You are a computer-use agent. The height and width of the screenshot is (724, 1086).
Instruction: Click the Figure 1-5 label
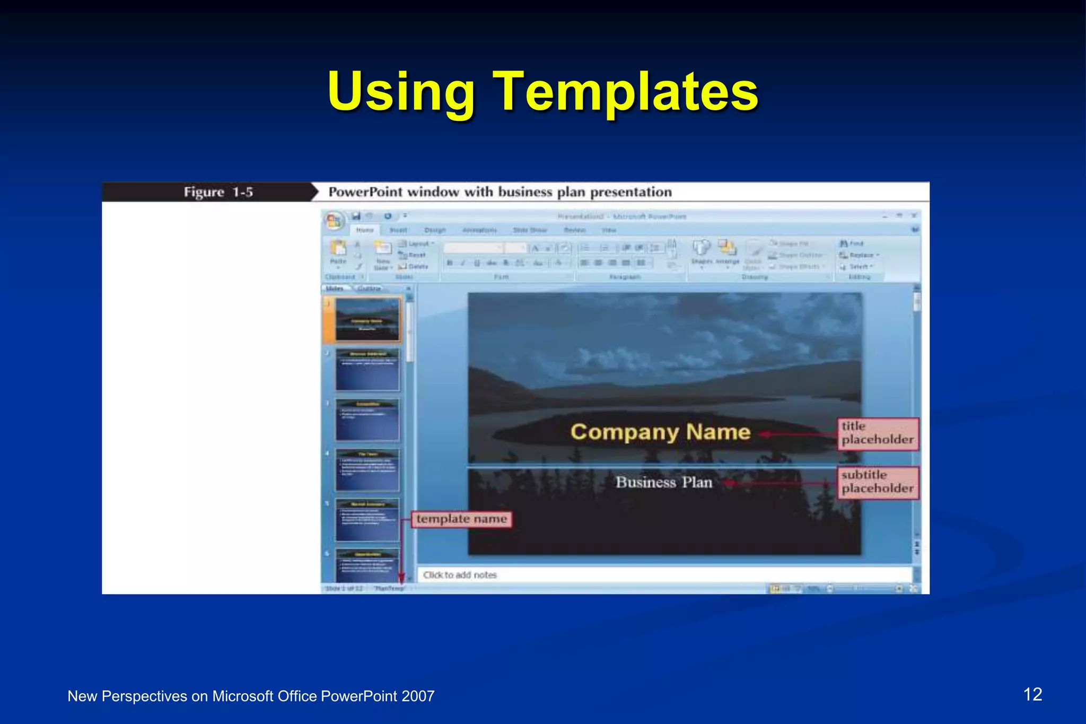point(218,192)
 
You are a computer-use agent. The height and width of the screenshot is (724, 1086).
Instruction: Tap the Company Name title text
point(660,432)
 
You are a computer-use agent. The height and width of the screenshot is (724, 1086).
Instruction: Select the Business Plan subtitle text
point(663,482)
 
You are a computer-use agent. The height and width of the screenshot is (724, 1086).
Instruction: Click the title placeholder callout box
point(878,433)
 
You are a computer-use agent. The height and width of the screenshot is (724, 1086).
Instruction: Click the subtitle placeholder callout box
point(878,482)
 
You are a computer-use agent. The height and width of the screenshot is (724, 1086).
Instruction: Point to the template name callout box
point(461,519)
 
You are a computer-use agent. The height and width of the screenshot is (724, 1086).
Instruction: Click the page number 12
point(1032,694)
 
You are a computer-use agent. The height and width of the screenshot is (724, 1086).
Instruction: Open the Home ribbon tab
point(365,230)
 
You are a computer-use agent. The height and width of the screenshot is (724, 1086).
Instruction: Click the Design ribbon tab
point(435,230)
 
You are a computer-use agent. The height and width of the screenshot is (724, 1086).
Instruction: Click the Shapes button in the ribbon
point(702,251)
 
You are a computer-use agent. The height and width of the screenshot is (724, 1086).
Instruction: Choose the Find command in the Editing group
point(852,243)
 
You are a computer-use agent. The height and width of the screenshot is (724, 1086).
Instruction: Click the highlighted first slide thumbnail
point(367,319)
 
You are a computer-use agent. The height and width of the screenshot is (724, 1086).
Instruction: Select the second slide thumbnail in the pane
point(367,370)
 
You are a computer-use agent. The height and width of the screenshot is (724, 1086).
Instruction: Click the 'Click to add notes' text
point(460,575)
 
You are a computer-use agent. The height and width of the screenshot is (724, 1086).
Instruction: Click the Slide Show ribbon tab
point(530,230)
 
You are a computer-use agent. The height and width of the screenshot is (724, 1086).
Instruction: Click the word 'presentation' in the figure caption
point(630,192)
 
